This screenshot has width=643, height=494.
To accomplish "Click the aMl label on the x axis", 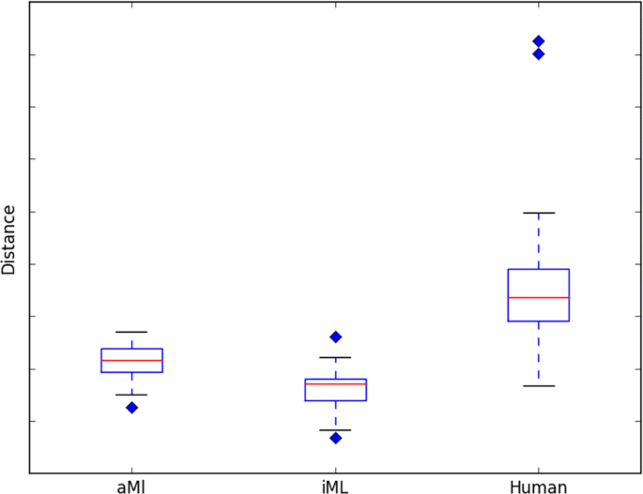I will (131, 487).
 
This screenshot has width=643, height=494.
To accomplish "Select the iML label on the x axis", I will (335, 487).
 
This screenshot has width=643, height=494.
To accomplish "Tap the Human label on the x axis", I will (538, 487).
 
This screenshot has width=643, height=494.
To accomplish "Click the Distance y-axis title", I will (9, 240).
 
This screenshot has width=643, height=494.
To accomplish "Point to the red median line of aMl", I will (131, 360).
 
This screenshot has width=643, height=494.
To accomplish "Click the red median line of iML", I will (335, 383).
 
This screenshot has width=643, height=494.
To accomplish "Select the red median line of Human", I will (539, 297).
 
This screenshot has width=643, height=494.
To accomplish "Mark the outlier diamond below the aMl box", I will (132, 407).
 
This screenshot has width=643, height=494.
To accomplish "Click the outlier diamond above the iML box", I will (335, 337).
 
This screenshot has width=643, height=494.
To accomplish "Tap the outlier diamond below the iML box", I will (335, 438).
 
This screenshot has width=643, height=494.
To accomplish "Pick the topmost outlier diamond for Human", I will (539, 41).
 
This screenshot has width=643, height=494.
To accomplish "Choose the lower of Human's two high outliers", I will (539, 53).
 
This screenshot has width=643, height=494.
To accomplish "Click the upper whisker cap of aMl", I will (131, 332).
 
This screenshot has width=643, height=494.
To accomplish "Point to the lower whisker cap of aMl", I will (131, 395).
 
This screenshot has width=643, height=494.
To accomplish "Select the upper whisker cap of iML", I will (335, 357).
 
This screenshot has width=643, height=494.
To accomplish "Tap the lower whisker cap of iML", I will (335, 430).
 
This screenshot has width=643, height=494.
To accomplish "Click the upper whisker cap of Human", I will (539, 213).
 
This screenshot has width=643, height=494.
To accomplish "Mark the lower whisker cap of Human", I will (539, 386).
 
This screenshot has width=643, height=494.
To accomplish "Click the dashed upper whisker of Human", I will (539, 241).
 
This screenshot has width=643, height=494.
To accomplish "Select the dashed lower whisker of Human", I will (539, 353).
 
